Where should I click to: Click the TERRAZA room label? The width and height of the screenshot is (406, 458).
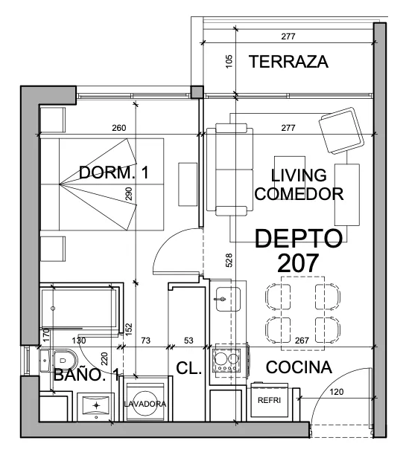tap(288, 62)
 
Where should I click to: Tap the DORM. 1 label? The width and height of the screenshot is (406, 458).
tap(114, 172)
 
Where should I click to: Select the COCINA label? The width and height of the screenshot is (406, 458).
tap(299, 367)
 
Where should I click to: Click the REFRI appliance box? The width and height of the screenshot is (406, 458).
tap(269, 400)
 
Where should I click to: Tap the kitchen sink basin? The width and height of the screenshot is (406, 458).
tap(228, 299)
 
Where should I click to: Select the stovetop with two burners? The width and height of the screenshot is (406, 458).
tap(228, 361)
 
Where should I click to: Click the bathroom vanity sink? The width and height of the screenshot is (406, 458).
tap(96, 405)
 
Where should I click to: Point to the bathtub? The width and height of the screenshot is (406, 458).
tap(80, 308)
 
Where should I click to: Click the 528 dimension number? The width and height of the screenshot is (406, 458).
tap(229, 260)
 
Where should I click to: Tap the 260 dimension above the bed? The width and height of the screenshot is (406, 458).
tap(119, 128)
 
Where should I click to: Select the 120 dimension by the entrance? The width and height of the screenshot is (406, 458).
tap(336, 392)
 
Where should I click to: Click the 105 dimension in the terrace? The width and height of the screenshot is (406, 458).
tap(229, 62)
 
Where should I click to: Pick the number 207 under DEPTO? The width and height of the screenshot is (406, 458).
tap(298, 262)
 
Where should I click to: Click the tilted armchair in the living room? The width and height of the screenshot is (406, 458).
tap(342, 131)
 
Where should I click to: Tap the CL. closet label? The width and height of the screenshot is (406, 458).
tap(189, 368)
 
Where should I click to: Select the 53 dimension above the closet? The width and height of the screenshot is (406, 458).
tap(188, 341)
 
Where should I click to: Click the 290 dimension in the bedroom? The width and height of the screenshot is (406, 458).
tap(129, 193)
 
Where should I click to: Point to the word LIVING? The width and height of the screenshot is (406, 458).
tap(299, 175)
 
